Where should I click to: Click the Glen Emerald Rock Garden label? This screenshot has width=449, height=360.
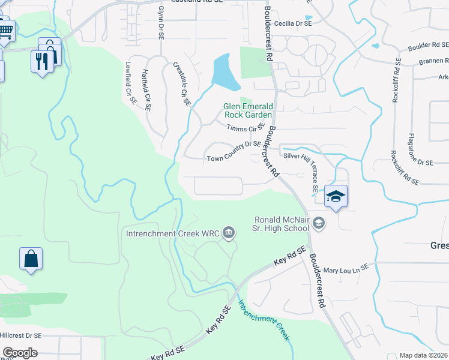point(248,110)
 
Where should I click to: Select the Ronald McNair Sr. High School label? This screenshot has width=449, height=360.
point(282,223)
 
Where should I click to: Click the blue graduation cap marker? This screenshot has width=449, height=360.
point(336,196)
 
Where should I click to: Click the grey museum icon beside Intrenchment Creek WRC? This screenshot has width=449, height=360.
point(229,232)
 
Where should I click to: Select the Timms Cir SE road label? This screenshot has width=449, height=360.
point(246,127)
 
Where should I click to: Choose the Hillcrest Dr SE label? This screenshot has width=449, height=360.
point(20,335)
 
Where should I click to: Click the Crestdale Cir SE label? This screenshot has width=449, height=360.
point(182,84)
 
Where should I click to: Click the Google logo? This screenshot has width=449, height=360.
point(20,353)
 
